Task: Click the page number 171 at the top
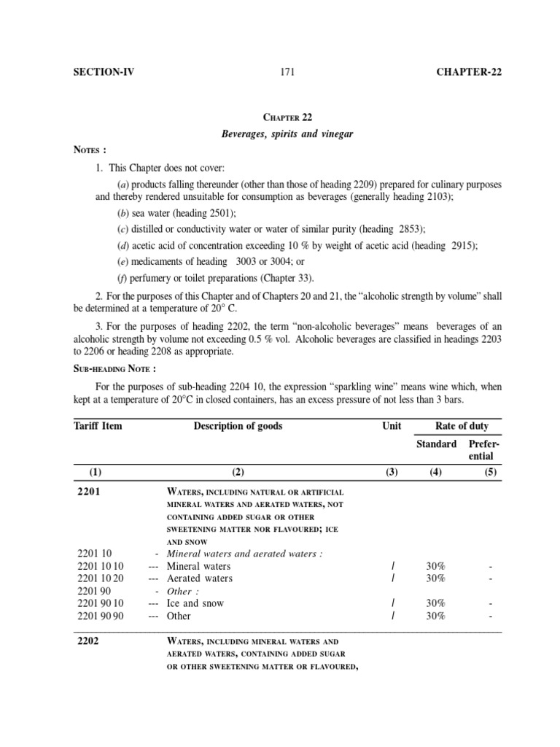tap(285, 71)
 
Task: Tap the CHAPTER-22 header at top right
tap(469, 71)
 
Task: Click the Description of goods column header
tap(238, 426)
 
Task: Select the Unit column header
tap(392, 426)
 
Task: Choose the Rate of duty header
tap(462, 426)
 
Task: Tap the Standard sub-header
tap(436, 444)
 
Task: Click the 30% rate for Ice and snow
tap(435, 603)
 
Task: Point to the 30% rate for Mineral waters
tap(435, 566)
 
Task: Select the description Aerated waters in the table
tap(199, 578)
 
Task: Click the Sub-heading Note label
tap(115, 368)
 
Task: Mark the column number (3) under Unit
tap(392, 472)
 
